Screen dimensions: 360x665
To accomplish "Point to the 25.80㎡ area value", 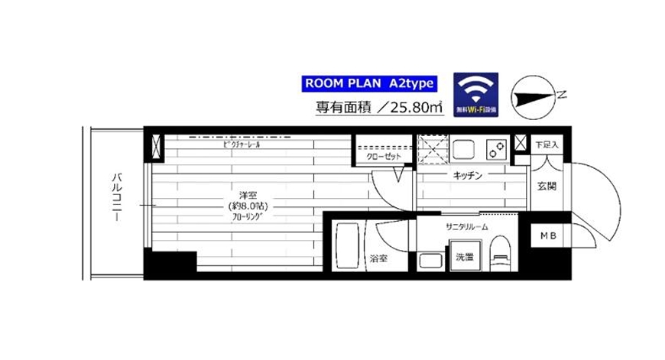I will tap(410, 109).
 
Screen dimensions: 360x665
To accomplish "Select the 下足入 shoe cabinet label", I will tap(547, 144).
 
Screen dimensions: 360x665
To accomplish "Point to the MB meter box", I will tap(550, 235).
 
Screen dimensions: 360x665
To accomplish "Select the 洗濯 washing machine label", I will tap(464, 257).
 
